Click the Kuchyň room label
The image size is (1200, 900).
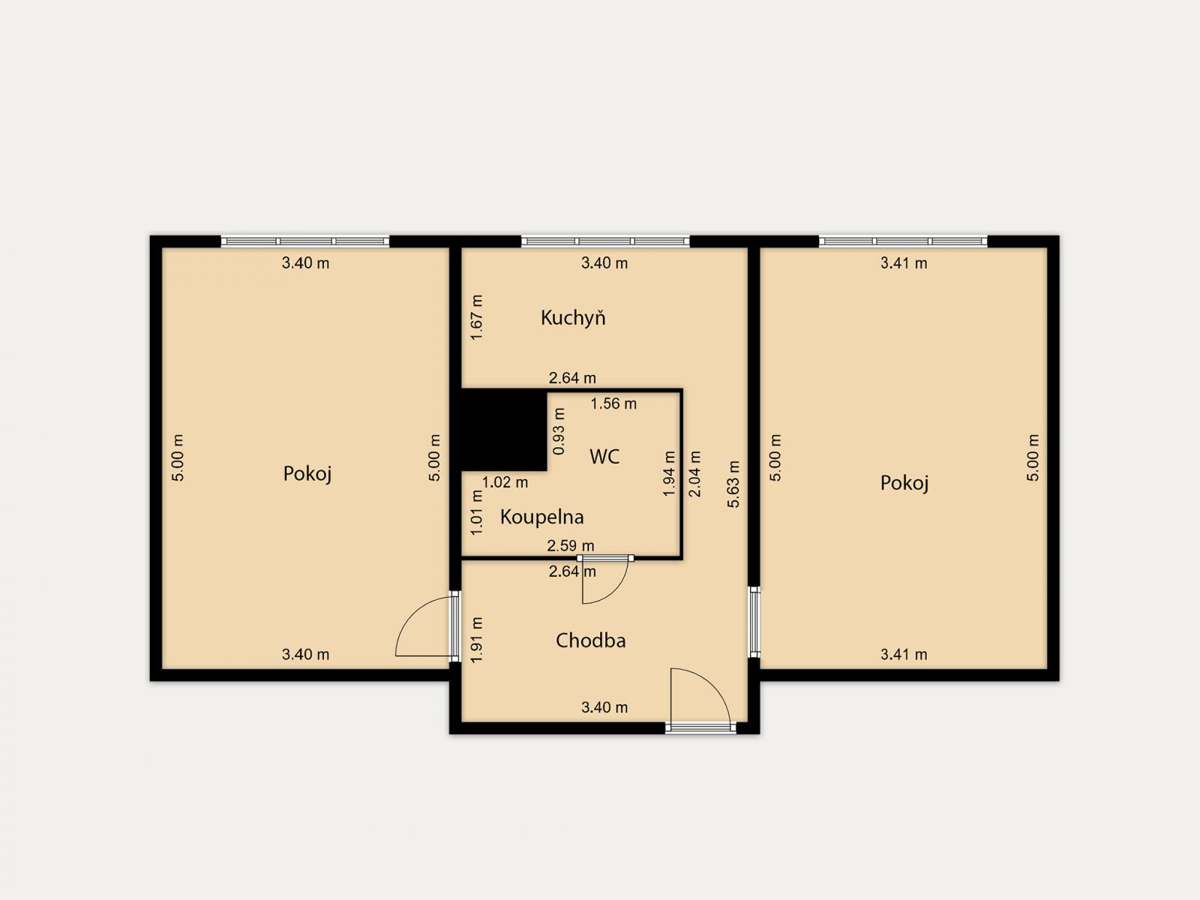tap(573, 317)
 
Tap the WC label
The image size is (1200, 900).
tap(604, 456)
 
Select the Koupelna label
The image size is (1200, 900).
tap(541, 517)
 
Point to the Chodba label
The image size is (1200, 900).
tap(590, 640)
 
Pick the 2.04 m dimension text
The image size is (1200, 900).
tap(694, 474)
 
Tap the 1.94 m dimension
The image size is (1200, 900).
tap(669, 474)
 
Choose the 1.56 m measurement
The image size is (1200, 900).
tap(613, 403)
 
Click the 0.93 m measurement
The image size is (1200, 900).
tap(559, 431)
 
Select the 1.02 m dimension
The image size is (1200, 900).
tap(505, 482)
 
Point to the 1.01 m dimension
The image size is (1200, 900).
tap(477, 512)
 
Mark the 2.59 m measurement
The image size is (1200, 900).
tap(571, 545)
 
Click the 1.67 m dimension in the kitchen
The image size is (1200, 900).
tap(477, 317)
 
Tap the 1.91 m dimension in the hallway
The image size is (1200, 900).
tap(477, 640)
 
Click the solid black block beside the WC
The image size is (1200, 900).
tap(504, 430)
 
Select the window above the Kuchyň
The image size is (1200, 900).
tap(605, 241)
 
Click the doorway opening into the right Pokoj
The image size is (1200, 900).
tap(754, 622)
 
